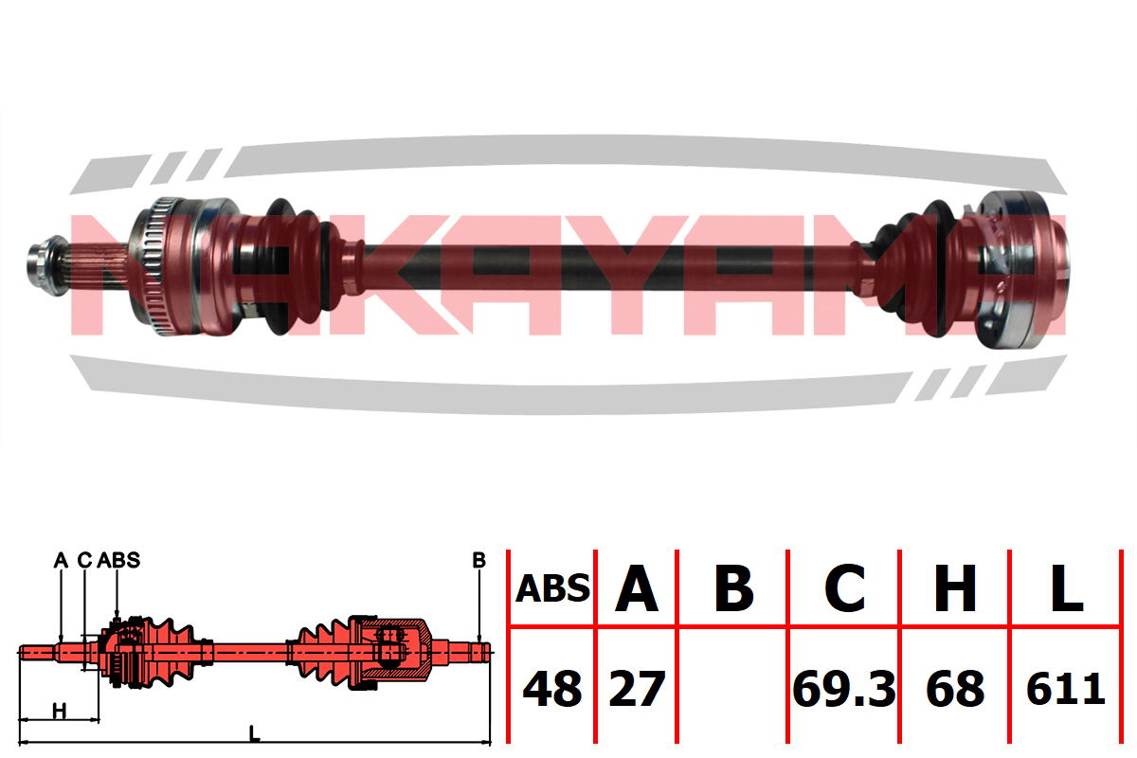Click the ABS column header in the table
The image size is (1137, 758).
point(552,588)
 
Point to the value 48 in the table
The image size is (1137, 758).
point(552,689)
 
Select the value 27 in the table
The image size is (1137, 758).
point(637,689)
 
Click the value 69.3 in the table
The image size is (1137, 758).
point(844,689)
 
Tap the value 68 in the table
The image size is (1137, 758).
point(955,689)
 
